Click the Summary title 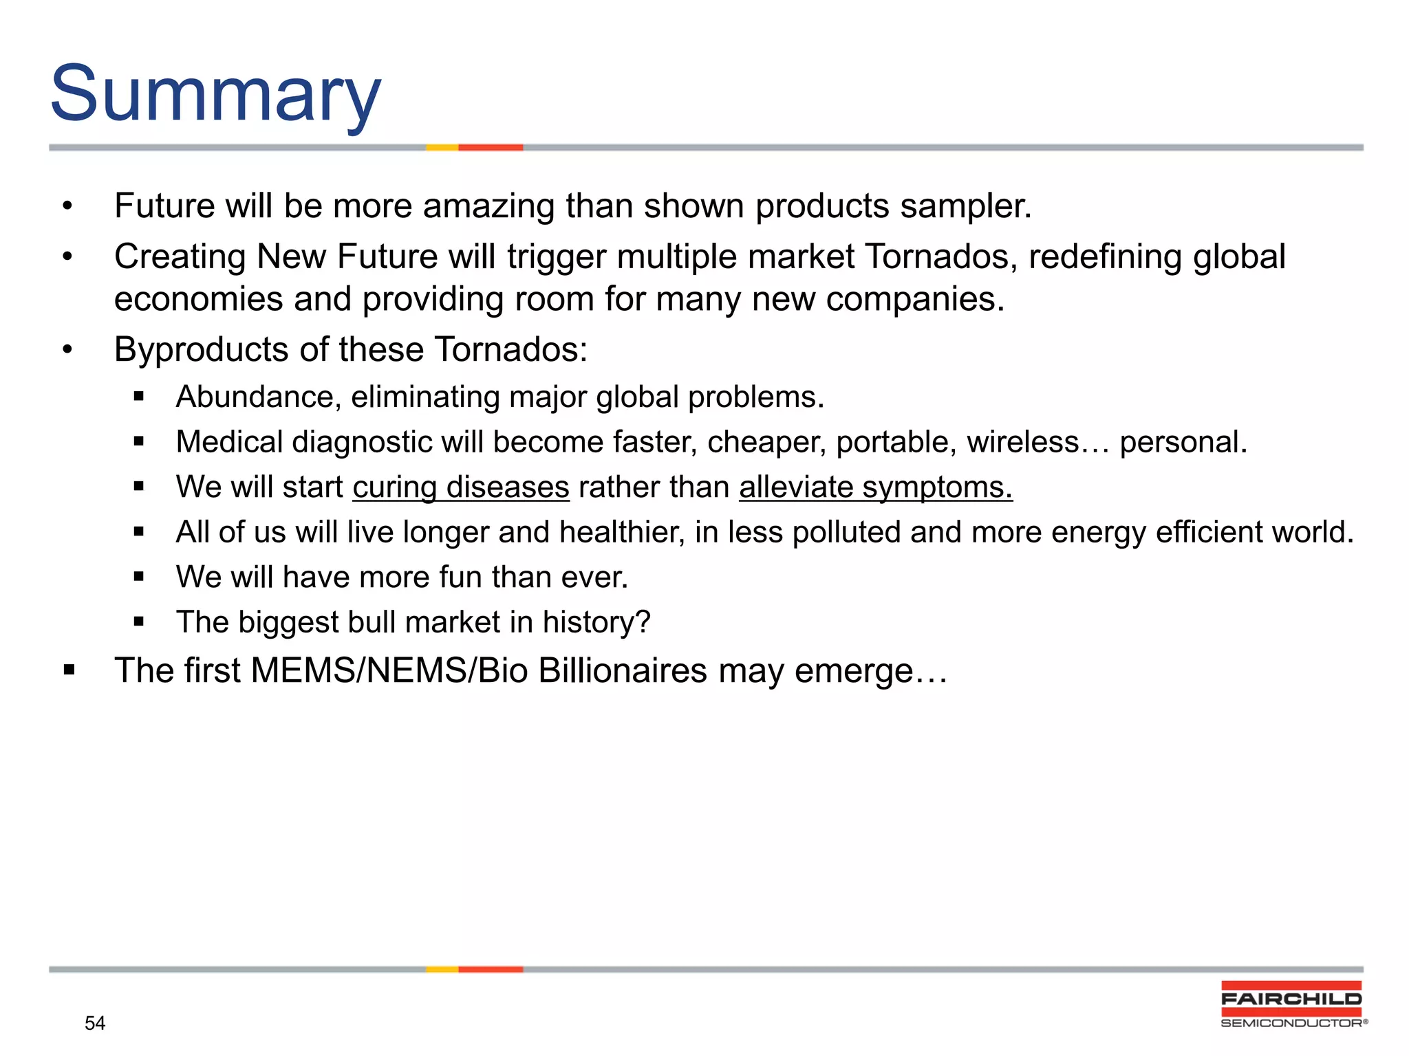click(215, 94)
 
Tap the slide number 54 click(95, 1023)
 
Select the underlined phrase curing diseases click(461, 487)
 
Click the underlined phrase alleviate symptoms click(875, 487)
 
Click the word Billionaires click(623, 670)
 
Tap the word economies click(198, 299)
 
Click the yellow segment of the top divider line click(442, 147)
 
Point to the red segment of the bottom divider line click(491, 969)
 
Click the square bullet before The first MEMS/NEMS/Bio click(69, 670)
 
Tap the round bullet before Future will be click(67, 206)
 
